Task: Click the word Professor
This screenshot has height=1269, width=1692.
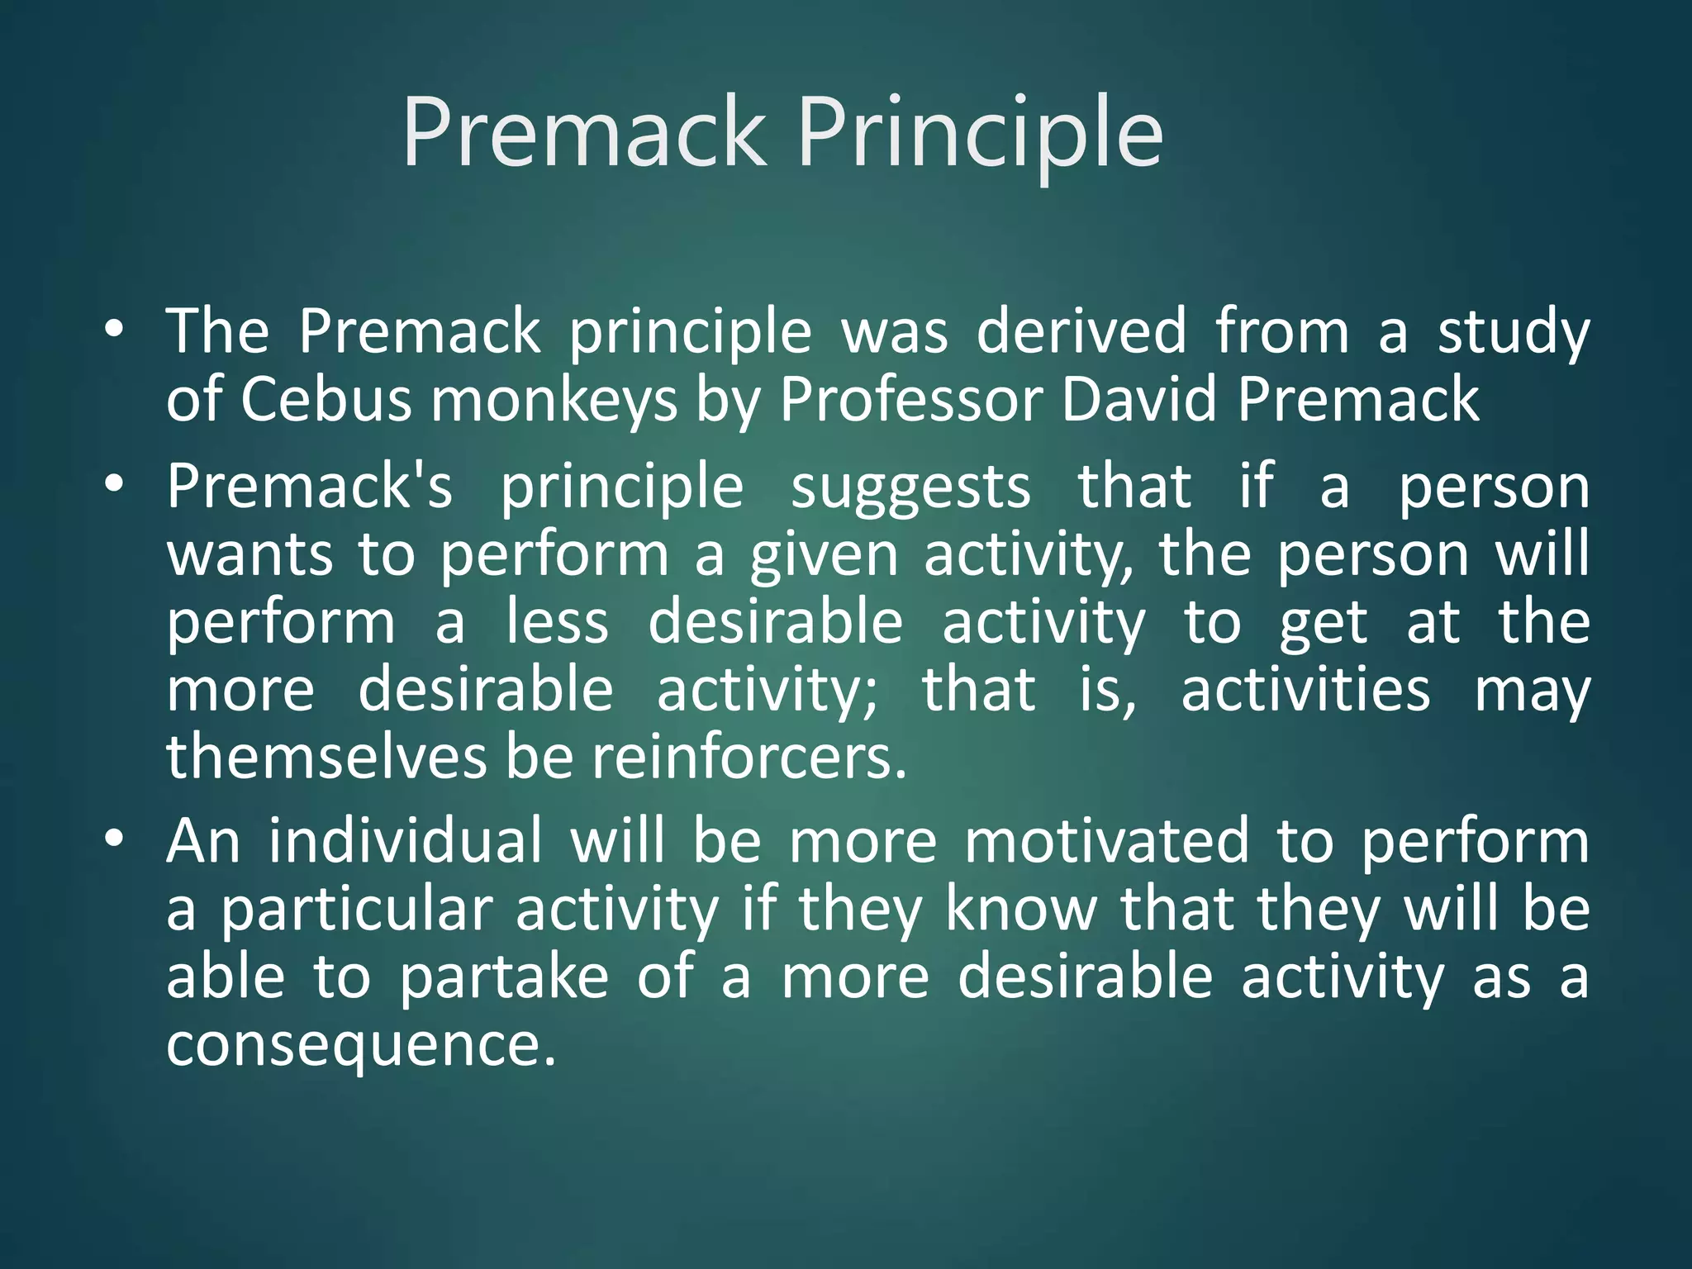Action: pos(911,401)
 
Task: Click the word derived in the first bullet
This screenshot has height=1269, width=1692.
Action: pos(1081,332)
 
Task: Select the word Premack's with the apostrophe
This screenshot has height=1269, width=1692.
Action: pos(310,487)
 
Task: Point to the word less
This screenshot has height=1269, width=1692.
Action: pos(558,622)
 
